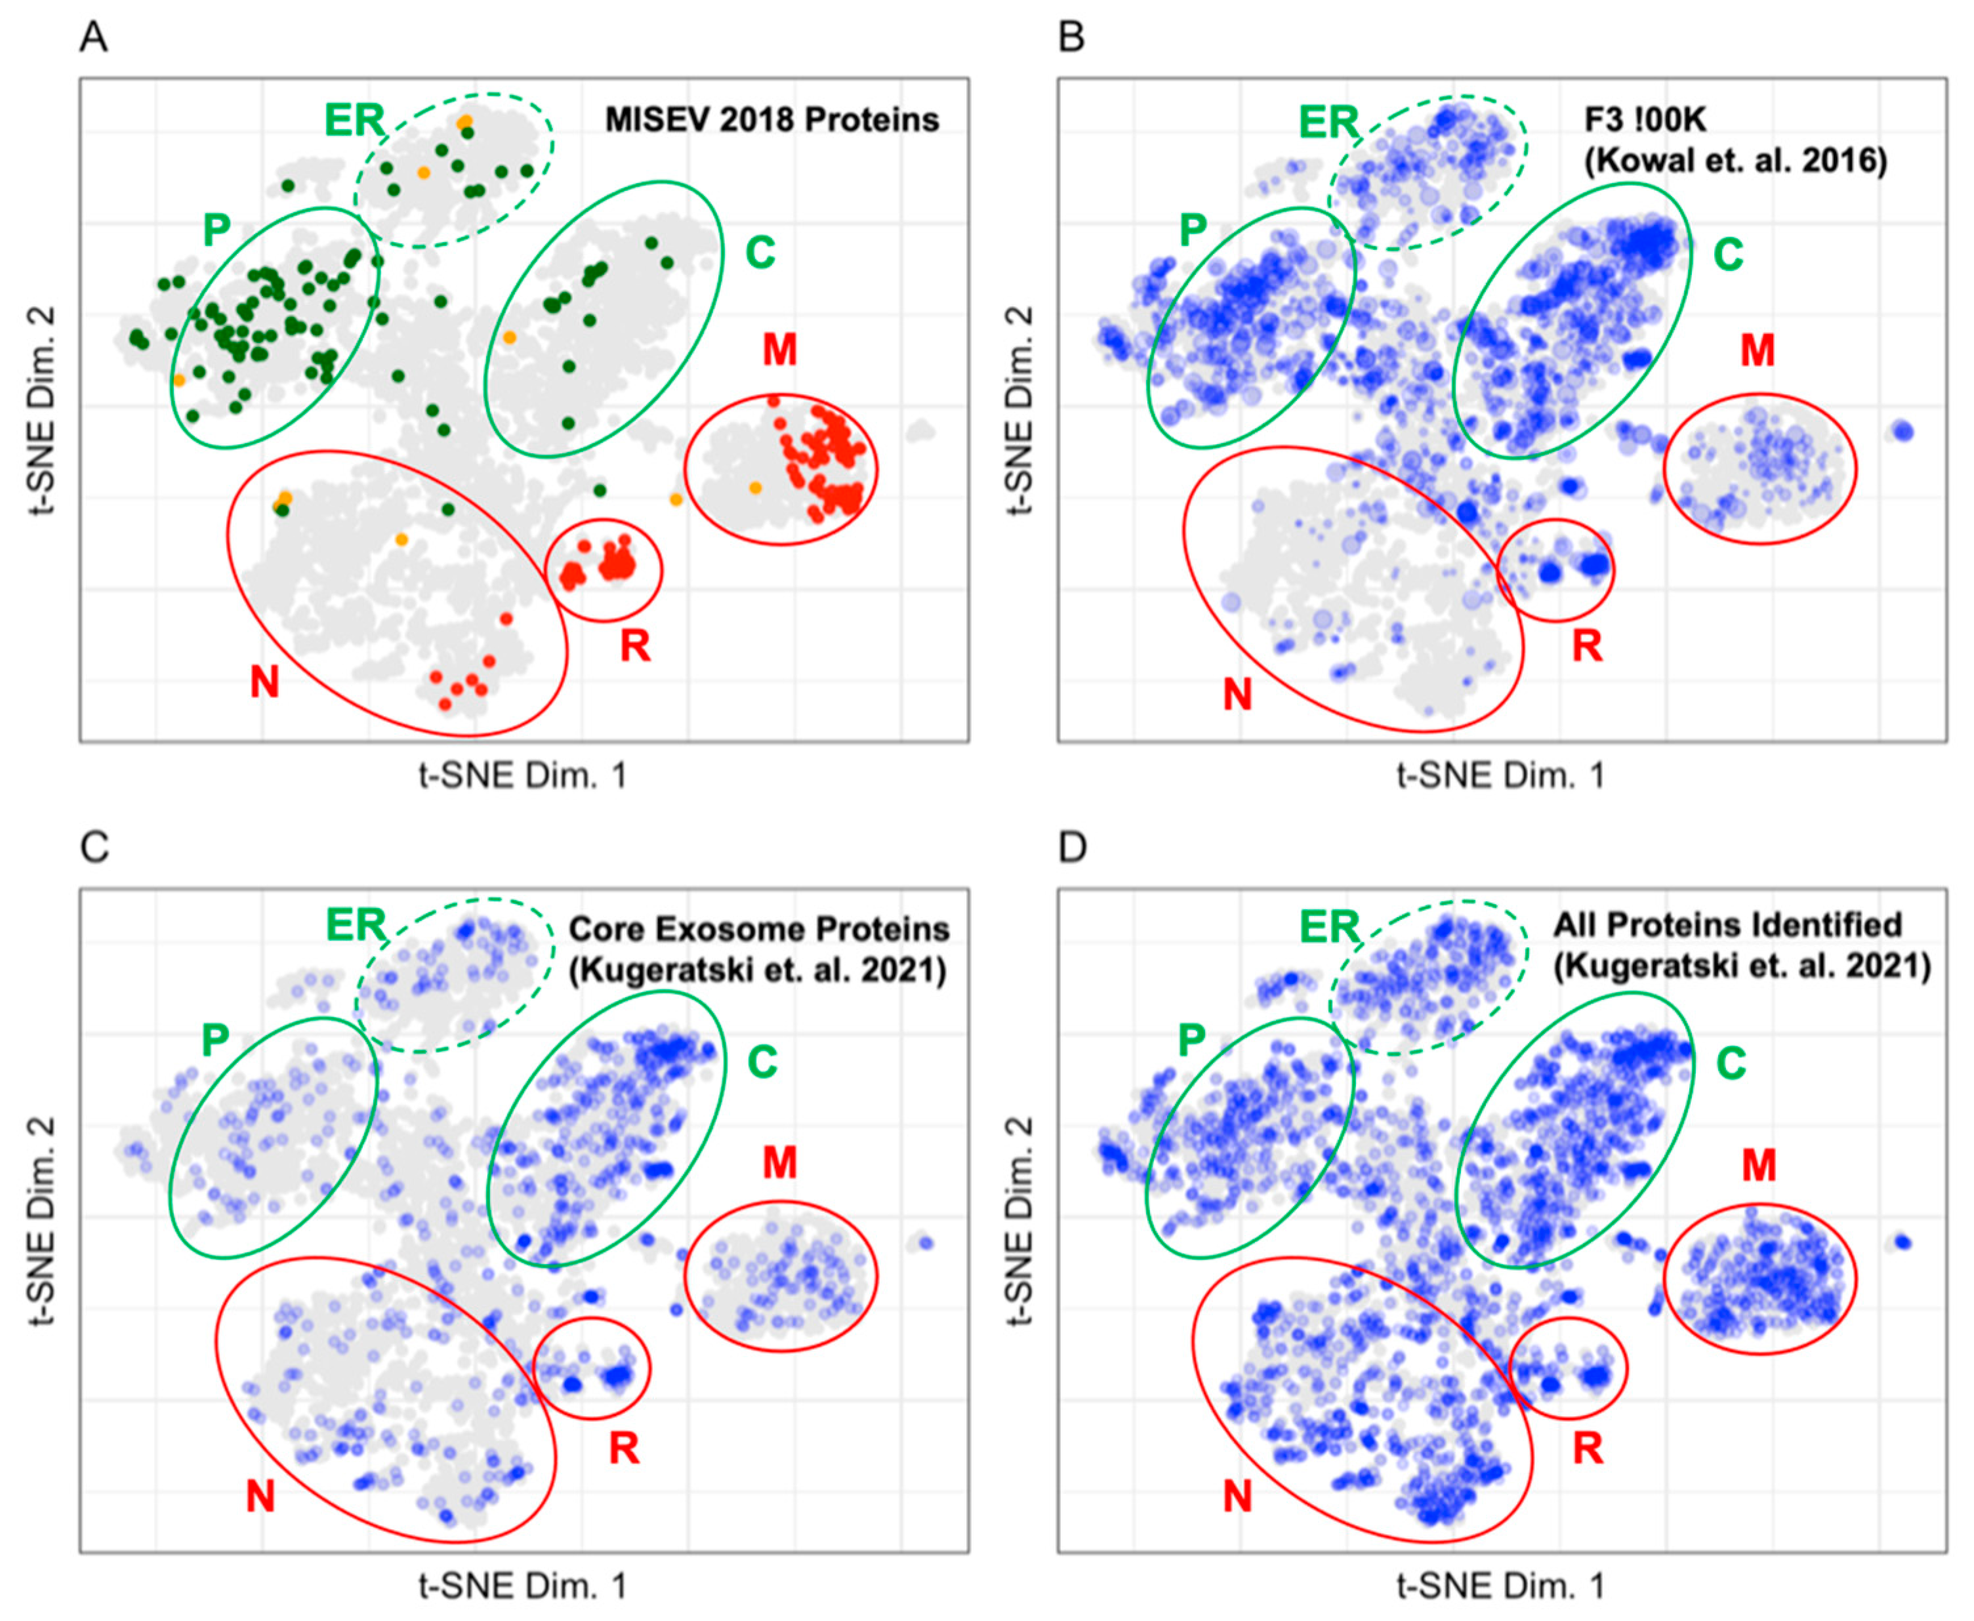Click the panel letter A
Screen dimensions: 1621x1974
(x=93, y=38)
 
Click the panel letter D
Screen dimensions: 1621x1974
(x=1073, y=848)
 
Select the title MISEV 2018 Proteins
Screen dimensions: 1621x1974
(x=771, y=119)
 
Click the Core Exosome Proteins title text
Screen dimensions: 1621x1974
(x=758, y=929)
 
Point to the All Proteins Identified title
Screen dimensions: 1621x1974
(x=1727, y=924)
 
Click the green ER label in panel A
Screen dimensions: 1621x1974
(x=354, y=121)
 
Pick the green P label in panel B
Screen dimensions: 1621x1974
(x=1193, y=230)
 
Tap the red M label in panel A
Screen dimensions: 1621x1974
(x=780, y=350)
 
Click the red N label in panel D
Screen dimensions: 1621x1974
(x=1237, y=1497)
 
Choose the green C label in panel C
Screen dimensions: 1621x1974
(x=762, y=1061)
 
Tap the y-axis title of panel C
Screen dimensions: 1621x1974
(x=43, y=1220)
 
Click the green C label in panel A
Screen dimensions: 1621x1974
(x=760, y=252)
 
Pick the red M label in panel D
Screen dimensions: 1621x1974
(x=1758, y=1164)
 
